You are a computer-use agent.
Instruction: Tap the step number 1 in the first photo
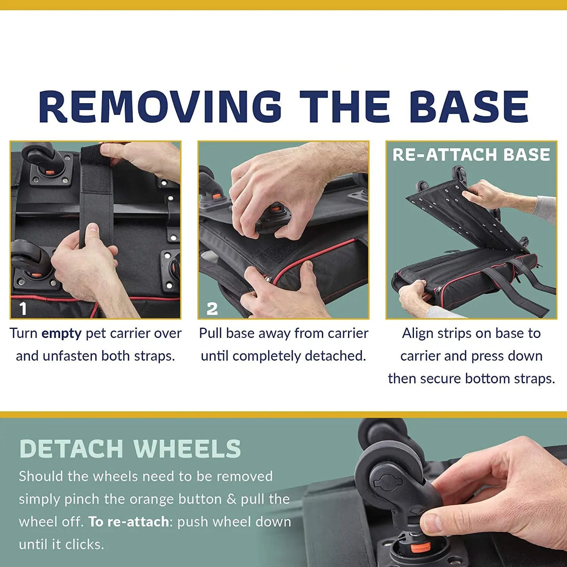tap(23, 309)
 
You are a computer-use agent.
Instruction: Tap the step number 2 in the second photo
tap(212, 309)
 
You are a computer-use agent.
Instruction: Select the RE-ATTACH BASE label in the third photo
tap(471, 155)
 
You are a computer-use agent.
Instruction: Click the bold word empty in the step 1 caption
tap(62, 334)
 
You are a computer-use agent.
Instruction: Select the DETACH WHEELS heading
tap(130, 449)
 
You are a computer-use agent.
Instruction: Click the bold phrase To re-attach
tap(129, 522)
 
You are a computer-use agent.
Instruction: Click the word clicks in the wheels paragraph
tap(84, 544)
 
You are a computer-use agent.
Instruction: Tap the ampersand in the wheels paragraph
tap(232, 499)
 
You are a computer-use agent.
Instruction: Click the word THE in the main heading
tap(345, 106)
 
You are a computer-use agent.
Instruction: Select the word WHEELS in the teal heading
tap(187, 449)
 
